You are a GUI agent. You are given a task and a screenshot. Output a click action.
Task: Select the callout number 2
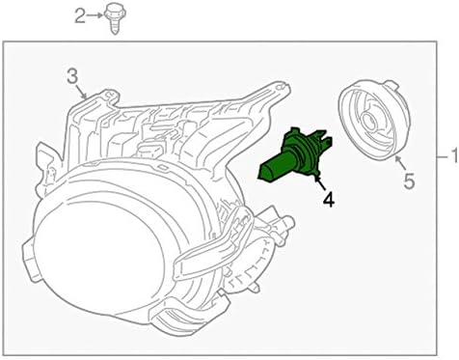[x=80, y=14]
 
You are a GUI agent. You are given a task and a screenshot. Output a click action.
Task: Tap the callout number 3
[x=71, y=75]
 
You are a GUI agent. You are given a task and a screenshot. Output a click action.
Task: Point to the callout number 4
[x=328, y=201]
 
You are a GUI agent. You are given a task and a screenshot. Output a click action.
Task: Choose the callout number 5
[x=408, y=180]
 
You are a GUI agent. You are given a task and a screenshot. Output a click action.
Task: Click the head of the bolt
[x=114, y=11]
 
